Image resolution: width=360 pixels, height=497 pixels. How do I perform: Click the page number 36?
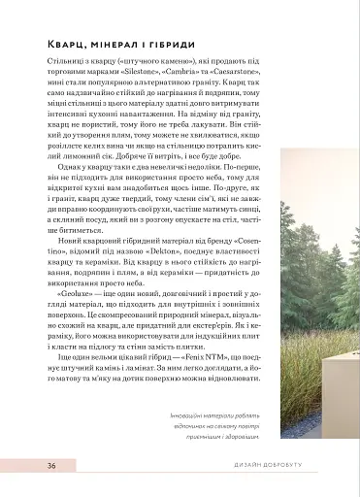(50, 466)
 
